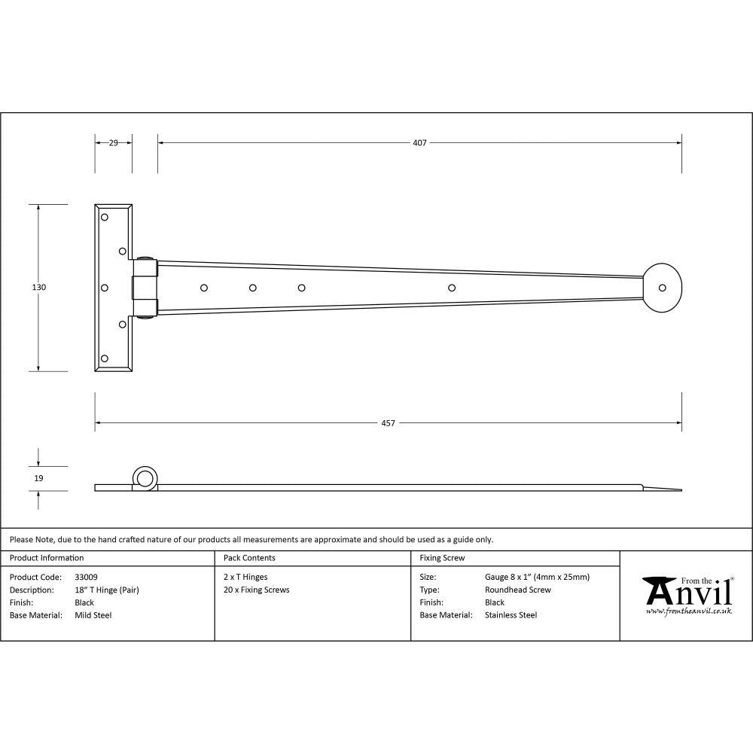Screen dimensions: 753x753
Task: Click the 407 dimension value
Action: (419, 142)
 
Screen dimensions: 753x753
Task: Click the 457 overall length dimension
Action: (388, 423)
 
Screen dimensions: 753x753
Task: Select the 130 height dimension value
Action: (39, 287)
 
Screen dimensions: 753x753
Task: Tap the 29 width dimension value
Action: (113, 142)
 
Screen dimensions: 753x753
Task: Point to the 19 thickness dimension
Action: (39, 478)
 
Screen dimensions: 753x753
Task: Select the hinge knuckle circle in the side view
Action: (145, 477)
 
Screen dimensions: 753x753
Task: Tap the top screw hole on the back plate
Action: (105, 217)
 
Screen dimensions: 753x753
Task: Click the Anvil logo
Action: (687, 595)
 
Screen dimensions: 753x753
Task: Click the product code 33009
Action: (86, 578)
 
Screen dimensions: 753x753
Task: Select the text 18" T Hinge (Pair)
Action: (107, 590)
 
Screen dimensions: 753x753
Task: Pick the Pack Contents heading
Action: (249, 558)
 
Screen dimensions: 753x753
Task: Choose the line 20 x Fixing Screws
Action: (256, 590)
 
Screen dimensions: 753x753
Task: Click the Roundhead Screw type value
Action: (517, 590)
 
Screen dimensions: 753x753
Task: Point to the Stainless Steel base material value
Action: (511, 615)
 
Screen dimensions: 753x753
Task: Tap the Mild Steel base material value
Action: (93, 615)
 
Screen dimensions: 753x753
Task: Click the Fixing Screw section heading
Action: (442, 558)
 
